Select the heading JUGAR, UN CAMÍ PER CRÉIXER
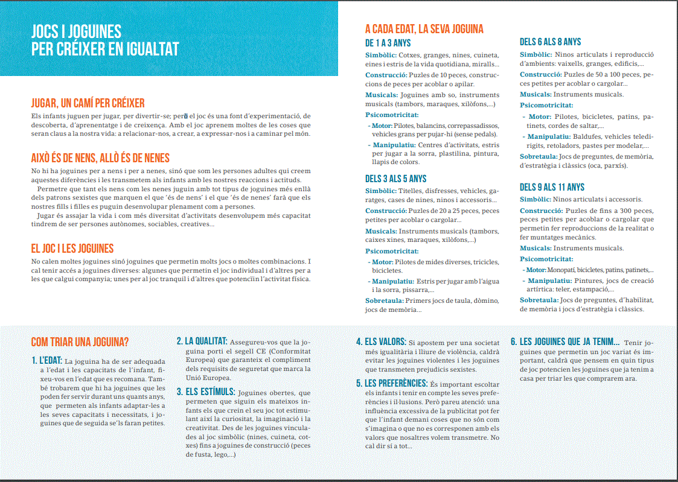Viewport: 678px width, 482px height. point(88,103)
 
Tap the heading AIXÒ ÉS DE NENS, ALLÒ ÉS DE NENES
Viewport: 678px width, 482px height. point(100,158)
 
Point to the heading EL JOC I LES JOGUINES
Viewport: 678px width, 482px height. point(72,248)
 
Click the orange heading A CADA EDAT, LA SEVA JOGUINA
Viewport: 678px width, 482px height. point(424,29)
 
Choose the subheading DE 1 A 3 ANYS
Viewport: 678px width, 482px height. point(388,43)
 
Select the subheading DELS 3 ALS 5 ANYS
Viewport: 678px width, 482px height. point(395,179)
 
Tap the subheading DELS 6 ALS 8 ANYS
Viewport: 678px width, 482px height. point(550,42)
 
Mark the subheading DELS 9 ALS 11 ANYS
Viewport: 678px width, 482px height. point(552,187)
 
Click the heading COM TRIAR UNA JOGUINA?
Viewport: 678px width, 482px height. point(80,342)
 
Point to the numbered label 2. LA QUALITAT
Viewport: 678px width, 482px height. point(202,341)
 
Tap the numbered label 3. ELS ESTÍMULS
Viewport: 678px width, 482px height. point(205,392)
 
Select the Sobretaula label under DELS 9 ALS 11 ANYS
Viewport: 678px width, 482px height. point(539,300)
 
